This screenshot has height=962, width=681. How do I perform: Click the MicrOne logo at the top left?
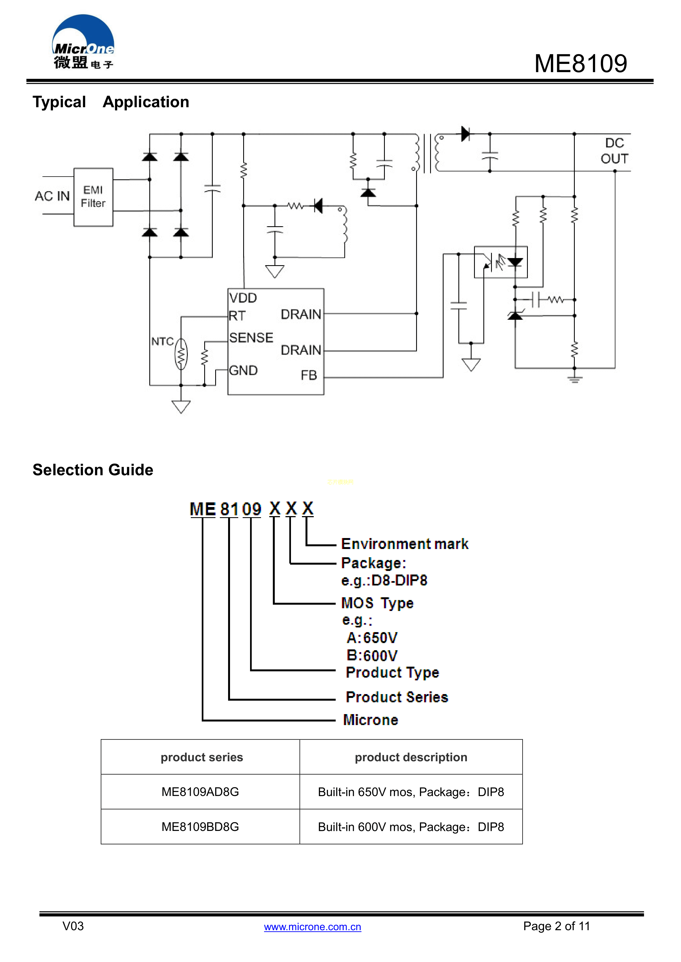[x=83, y=42]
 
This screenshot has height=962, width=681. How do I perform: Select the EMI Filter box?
[x=93, y=197]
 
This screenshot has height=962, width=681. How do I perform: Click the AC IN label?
[x=52, y=196]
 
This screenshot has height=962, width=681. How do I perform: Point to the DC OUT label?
[x=614, y=151]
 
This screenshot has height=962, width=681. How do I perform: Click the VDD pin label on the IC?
[x=243, y=298]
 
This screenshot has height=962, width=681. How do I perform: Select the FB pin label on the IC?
[x=309, y=375]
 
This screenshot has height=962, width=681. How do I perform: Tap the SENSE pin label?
[x=251, y=338]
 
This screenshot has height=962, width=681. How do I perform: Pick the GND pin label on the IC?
[x=243, y=370]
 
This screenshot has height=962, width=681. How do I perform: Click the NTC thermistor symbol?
[x=181, y=355]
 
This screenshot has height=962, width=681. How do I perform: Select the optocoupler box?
[x=501, y=262]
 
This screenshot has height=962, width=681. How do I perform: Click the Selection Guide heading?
[x=93, y=470]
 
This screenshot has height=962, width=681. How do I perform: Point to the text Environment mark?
[x=405, y=544]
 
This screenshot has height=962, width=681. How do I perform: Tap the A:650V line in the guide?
[x=372, y=638]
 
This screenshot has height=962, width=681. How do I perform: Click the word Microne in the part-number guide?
[x=370, y=720]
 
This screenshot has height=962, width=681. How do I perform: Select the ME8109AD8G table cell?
[x=200, y=792]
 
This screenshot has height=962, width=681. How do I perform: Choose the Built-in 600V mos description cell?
[x=411, y=827]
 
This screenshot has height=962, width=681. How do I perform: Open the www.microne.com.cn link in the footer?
[x=312, y=927]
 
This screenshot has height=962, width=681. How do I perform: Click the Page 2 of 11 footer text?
[x=556, y=926]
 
